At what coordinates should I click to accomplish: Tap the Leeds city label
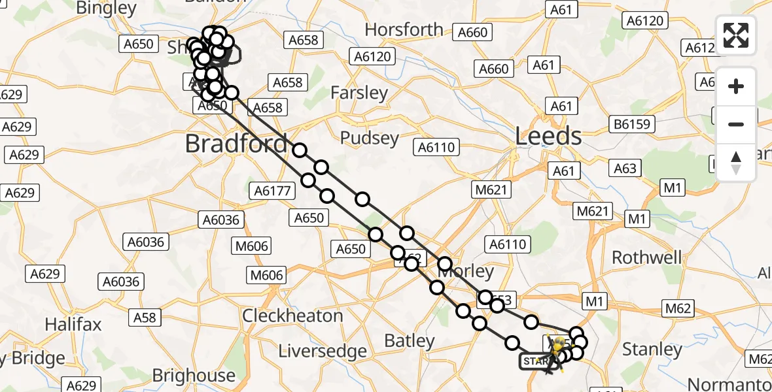pyautogui.click(x=548, y=137)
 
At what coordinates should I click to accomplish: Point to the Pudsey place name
pyautogui.click(x=370, y=138)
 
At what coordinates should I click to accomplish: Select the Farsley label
pyautogui.click(x=359, y=93)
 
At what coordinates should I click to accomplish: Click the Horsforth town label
pyautogui.click(x=404, y=30)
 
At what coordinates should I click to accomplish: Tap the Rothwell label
pyautogui.click(x=646, y=257)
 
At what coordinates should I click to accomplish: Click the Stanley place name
pyautogui.click(x=652, y=350)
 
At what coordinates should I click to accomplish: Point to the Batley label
pyautogui.click(x=410, y=340)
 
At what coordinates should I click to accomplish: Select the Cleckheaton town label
pyautogui.click(x=292, y=316)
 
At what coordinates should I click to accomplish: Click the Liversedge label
pyautogui.click(x=323, y=351)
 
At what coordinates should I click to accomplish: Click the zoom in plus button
pyautogui.click(x=736, y=86)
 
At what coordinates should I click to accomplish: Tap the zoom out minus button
pyautogui.click(x=736, y=124)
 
